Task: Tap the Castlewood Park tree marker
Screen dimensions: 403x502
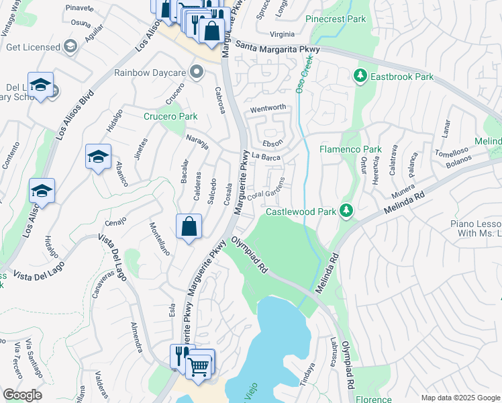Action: coord(346,212)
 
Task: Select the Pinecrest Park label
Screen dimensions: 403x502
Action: coord(336,19)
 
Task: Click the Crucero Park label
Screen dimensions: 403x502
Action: coord(170,116)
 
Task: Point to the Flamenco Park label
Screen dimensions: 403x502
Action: coord(350,149)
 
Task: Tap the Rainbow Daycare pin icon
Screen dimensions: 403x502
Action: coord(196,72)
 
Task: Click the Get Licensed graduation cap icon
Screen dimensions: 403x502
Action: coord(70,47)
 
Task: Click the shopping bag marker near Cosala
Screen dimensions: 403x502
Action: coord(189,226)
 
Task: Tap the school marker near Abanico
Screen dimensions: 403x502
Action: coord(98,157)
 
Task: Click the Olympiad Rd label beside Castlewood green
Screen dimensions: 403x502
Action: coord(250,255)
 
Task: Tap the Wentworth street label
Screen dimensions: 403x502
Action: coord(268,107)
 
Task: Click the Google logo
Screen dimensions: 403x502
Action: coord(22,395)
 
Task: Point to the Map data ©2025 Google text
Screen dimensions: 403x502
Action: coord(460,398)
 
